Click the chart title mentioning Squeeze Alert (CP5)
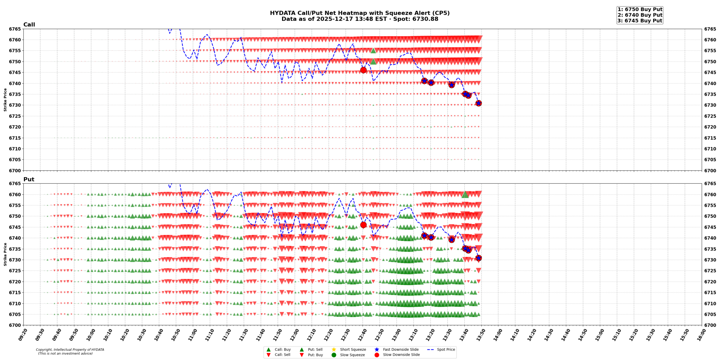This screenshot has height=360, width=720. point(359,13)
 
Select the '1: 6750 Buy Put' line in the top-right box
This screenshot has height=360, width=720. point(640,9)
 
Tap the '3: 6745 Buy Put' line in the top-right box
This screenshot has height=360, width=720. point(640,21)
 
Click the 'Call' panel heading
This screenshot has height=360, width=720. point(29,25)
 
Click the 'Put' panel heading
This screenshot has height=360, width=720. point(29,179)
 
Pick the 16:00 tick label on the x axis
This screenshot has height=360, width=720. point(699,335)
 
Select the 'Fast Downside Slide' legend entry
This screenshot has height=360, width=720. point(400,350)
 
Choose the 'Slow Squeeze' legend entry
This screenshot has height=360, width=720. point(352,355)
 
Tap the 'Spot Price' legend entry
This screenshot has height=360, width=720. point(445,350)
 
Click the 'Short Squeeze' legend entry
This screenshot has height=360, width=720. point(353,350)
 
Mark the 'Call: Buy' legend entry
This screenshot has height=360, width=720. point(282,350)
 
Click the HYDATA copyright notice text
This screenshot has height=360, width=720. point(70,350)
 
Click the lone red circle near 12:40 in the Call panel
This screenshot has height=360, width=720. point(363,70)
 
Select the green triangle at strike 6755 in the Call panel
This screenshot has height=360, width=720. point(373,51)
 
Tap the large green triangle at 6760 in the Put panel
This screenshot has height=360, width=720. point(465,195)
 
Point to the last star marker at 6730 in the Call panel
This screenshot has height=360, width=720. point(478,103)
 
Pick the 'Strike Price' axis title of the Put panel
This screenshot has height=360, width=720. point(5,254)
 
